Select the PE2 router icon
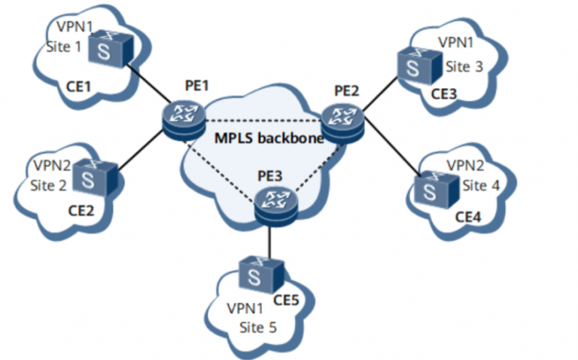343,119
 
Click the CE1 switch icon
111,50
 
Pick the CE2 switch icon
99,178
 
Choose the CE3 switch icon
414,66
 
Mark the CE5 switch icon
260,272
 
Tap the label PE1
196,87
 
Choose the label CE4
467,217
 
